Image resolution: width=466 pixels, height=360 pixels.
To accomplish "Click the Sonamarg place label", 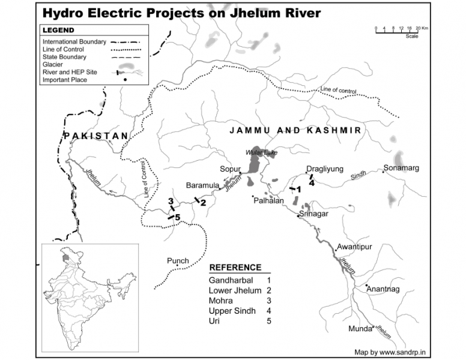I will [x=402, y=169].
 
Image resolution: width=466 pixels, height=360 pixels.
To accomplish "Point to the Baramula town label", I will [x=203, y=185].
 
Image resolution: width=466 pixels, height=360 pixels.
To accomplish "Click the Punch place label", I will [x=178, y=261].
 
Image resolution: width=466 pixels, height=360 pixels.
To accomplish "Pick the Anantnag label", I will [x=383, y=289].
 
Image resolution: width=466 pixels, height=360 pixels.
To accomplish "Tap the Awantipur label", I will [x=355, y=247].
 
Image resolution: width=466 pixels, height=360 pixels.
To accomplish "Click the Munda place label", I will [x=360, y=329].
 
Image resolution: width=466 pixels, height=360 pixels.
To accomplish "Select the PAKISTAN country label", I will [x=96, y=136].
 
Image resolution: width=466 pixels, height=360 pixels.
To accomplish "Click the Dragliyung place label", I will [x=324, y=169].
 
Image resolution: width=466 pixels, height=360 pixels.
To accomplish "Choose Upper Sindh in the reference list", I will [x=232, y=311].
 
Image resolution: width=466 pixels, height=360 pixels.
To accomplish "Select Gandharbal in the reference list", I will [x=231, y=280].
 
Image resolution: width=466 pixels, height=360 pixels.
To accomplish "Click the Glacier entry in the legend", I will [x=53, y=64].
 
